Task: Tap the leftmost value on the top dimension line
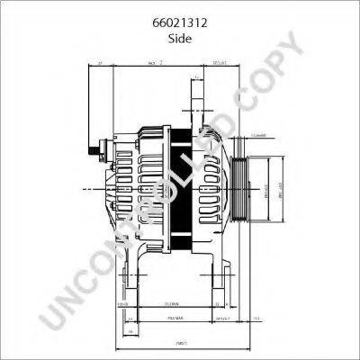tap(100, 64)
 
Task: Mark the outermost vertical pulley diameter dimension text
tap(280, 192)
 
